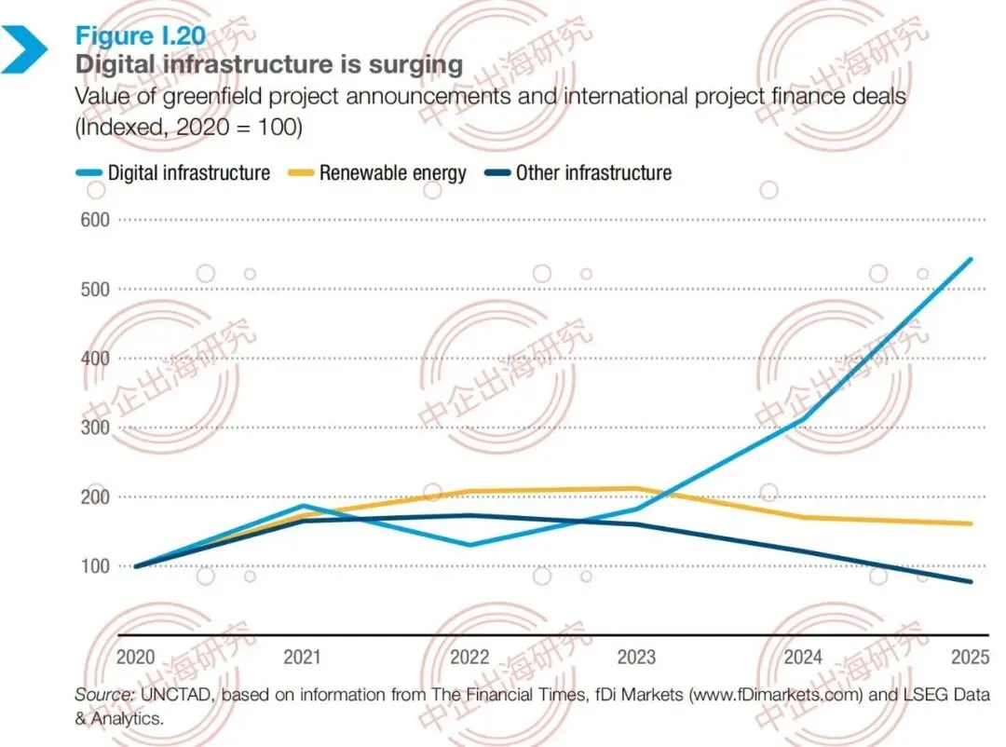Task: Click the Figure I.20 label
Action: pyautogui.click(x=141, y=36)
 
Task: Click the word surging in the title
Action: pyautogui.click(x=415, y=65)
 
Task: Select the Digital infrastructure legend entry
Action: pyautogui.click(x=173, y=172)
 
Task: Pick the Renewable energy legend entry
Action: pyautogui.click(x=377, y=172)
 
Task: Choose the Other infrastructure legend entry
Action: pyautogui.click(x=578, y=172)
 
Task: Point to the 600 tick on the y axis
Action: pyautogui.click(x=95, y=220)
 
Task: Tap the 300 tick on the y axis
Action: pyautogui.click(x=95, y=428)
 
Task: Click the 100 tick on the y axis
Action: pyautogui.click(x=95, y=566)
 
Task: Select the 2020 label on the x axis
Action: pyautogui.click(x=135, y=658)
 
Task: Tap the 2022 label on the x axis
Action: pyautogui.click(x=469, y=658)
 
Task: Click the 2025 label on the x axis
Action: pyautogui.click(x=971, y=658)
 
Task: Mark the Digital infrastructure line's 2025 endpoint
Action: pyautogui.click(x=970, y=260)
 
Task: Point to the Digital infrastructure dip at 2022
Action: pyautogui.click(x=469, y=545)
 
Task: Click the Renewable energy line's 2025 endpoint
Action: pyautogui.click(x=970, y=523)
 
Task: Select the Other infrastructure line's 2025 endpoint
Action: pyautogui.click(x=970, y=582)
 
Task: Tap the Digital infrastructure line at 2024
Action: pyautogui.click(x=803, y=419)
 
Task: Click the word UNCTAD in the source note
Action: pyautogui.click(x=174, y=695)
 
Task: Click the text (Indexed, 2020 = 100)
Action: pyautogui.click(x=188, y=127)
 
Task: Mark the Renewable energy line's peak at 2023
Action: pyautogui.click(x=636, y=488)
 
